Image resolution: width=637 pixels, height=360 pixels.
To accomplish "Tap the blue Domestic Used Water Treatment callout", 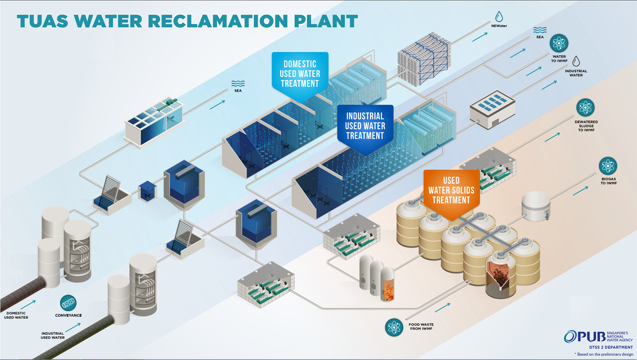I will coord(300,74).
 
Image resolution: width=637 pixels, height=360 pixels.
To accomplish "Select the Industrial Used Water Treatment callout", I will coord(365,126).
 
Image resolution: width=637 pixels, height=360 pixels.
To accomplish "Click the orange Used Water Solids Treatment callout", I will coord(451,191).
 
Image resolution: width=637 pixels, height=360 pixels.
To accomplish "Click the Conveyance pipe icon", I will coord(68,303).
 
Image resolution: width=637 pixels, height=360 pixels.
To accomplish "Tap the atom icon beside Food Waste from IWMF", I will coord(394,327).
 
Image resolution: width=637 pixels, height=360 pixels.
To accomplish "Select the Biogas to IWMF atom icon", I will coord(608,166).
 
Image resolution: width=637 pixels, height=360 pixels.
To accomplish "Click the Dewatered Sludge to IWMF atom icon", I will coord(585,108).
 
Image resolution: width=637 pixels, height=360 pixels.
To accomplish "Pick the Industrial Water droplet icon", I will coord(576,62).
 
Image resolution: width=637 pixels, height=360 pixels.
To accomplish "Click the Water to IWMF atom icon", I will coord(559,43).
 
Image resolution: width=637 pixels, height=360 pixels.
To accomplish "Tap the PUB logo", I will coord(585,337).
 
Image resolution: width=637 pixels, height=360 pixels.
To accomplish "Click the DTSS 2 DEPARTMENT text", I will coord(611,347).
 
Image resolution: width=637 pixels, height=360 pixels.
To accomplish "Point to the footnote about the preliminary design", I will coord(604,354).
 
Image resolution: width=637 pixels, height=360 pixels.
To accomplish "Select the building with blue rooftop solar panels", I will coord(492,109).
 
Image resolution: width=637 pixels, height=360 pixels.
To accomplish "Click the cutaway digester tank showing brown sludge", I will coord(501,276).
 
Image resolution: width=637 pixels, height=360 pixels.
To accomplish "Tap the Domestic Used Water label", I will coord(16,315).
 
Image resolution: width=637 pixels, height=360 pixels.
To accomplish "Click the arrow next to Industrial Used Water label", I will coord(73,327).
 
